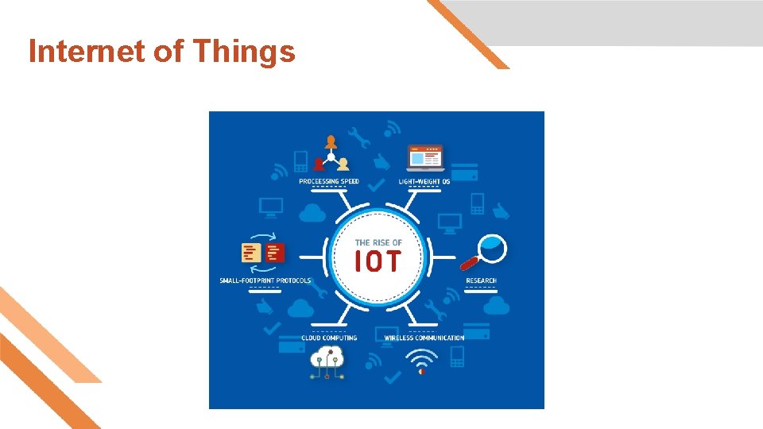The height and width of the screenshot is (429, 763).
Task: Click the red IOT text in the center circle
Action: [378, 261]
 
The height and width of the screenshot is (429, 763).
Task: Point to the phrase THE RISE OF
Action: [378, 242]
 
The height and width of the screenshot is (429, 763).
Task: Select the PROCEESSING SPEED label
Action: [329, 181]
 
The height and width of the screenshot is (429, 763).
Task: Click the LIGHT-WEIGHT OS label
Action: [424, 181]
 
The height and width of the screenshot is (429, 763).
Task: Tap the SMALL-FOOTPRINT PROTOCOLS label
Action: [265, 280]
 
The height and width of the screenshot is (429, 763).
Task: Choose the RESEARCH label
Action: [482, 280]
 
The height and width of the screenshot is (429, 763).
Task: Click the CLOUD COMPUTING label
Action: [329, 338]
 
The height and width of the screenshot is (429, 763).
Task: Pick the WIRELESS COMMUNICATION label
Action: [424, 338]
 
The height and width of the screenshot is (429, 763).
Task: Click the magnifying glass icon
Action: [484, 252]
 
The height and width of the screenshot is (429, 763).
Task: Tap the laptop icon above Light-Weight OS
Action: [425, 158]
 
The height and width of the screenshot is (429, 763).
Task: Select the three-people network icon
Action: [331, 153]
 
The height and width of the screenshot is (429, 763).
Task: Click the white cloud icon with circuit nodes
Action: [327, 362]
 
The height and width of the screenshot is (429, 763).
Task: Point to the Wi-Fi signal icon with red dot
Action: [421, 362]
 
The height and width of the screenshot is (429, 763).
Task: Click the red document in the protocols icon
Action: [275, 253]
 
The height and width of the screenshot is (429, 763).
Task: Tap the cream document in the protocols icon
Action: [251, 253]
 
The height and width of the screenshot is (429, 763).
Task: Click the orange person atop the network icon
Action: [331, 142]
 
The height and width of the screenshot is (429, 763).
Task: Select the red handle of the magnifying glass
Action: [469, 263]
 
